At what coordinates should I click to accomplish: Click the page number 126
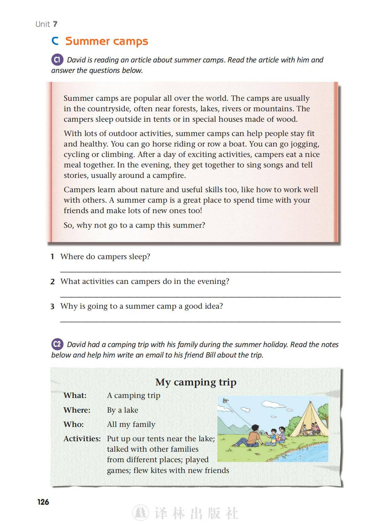point(43,502)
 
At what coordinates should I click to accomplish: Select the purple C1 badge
point(57,60)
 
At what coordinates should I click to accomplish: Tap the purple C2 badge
point(57,344)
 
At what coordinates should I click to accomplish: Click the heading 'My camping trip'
point(196,382)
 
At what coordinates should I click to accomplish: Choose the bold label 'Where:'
point(77,410)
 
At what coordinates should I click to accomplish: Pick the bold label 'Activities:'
point(82,438)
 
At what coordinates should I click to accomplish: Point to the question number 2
point(53,282)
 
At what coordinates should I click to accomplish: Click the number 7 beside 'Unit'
point(55,24)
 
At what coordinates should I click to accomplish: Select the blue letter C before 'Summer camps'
point(55,41)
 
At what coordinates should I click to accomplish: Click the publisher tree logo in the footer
point(140,513)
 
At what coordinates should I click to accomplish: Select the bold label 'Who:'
point(74,424)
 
